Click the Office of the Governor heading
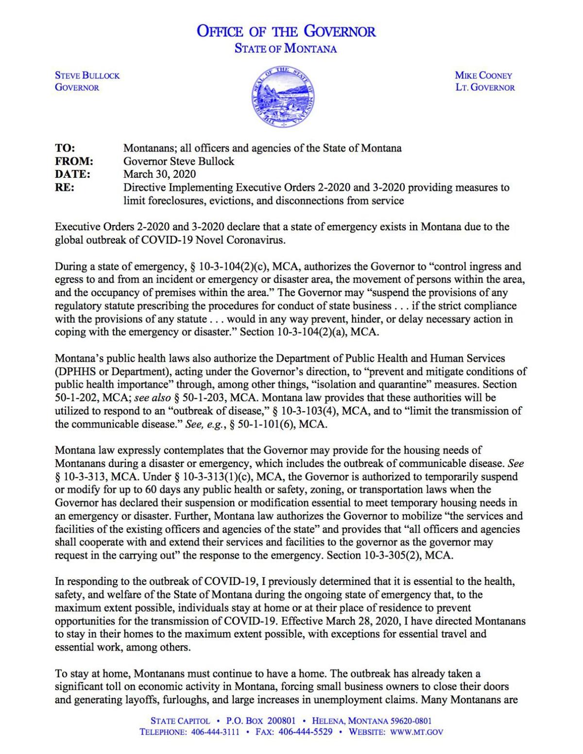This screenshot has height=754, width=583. [286, 32]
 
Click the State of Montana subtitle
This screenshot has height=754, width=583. [286, 49]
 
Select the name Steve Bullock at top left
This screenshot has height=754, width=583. [87, 76]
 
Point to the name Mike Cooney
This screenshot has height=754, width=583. [483, 76]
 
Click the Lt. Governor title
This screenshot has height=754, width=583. [485, 88]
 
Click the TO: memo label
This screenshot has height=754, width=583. [65, 148]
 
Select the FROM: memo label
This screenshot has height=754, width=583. [74, 161]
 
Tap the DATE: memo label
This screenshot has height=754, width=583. [72, 174]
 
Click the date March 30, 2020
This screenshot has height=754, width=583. [159, 174]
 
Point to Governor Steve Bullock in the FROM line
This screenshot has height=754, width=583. [179, 161]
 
